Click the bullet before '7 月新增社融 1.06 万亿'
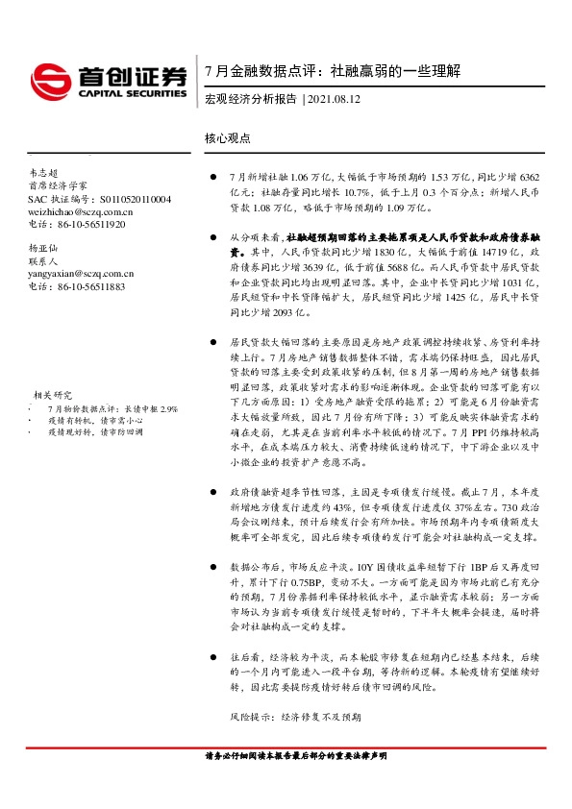(212, 179)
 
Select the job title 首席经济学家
(58, 185)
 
